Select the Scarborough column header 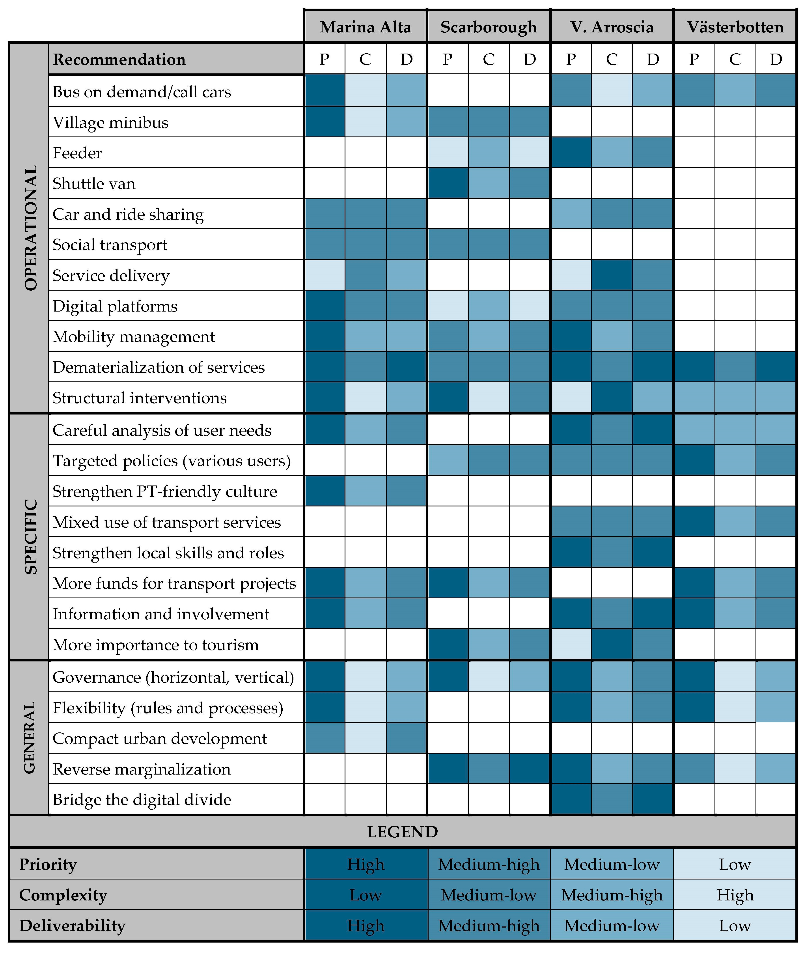pyautogui.click(x=489, y=27)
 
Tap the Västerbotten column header pyautogui.click(x=735, y=27)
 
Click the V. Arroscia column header pyautogui.click(x=612, y=27)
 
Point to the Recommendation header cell pyautogui.click(x=119, y=59)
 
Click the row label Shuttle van pyautogui.click(x=94, y=183)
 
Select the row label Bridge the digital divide pyautogui.click(x=142, y=799)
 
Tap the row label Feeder pyautogui.click(x=77, y=153)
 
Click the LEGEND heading pyautogui.click(x=403, y=832)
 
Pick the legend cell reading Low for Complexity pyautogui.click(x=366, y=895)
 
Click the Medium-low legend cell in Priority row pyautogui.click(x=612, y=864)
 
